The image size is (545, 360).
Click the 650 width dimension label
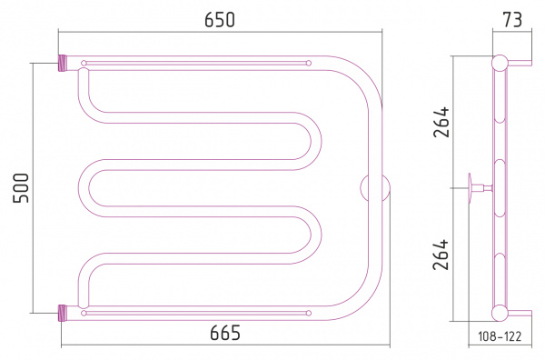pyautogui.click(x=220, y=19)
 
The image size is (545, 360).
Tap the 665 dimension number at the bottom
pyautogui.click(x=225, y=333)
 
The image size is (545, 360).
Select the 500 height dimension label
pyautogui.click(x=21, y=188)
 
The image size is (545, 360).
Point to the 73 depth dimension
pyautogui.click(x=512, y=20)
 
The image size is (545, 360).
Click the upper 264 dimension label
pyautogui.click(x=441, y=122)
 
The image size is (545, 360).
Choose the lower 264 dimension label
pyautogui.click(x=441, y=255)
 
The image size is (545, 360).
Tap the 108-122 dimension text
pyautogui.click(x=500, y=336)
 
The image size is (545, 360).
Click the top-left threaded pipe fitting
pyautogui.click(x=62, y=63)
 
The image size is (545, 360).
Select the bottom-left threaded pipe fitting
pyautogui.click(x=62, y=313)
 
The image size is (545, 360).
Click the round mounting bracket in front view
pyautogui.click(x=374, y=188)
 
